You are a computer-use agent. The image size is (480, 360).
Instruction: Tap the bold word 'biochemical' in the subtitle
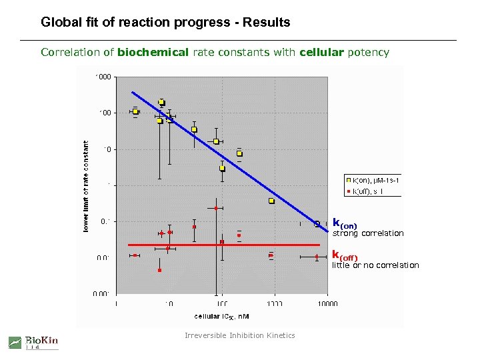click(x=153, y=52)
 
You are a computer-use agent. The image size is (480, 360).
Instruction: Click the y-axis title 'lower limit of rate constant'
click(x=86, y=186)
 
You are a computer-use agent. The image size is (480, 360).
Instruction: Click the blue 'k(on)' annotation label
click(x=345, y=224)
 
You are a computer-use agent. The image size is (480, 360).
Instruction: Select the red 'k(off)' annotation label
click(x=345, y=257)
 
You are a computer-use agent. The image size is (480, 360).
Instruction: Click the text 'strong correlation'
click(x=367, y=233)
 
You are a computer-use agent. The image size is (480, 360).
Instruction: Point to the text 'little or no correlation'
click(x=375, y=265)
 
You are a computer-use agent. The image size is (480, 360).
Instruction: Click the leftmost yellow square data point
click(x=135, y=111)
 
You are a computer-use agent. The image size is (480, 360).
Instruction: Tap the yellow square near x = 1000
click(x=271, y=201)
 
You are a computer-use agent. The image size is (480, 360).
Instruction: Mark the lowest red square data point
click(x=160, y=270)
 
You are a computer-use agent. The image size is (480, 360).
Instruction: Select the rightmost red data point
click(x=317, y=257)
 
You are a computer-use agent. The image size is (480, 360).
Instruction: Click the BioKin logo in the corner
click(x=33, y=342)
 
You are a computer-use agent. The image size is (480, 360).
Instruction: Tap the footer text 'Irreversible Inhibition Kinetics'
click(x=239, y=335)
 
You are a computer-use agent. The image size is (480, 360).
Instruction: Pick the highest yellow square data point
click(x=161, y=102)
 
